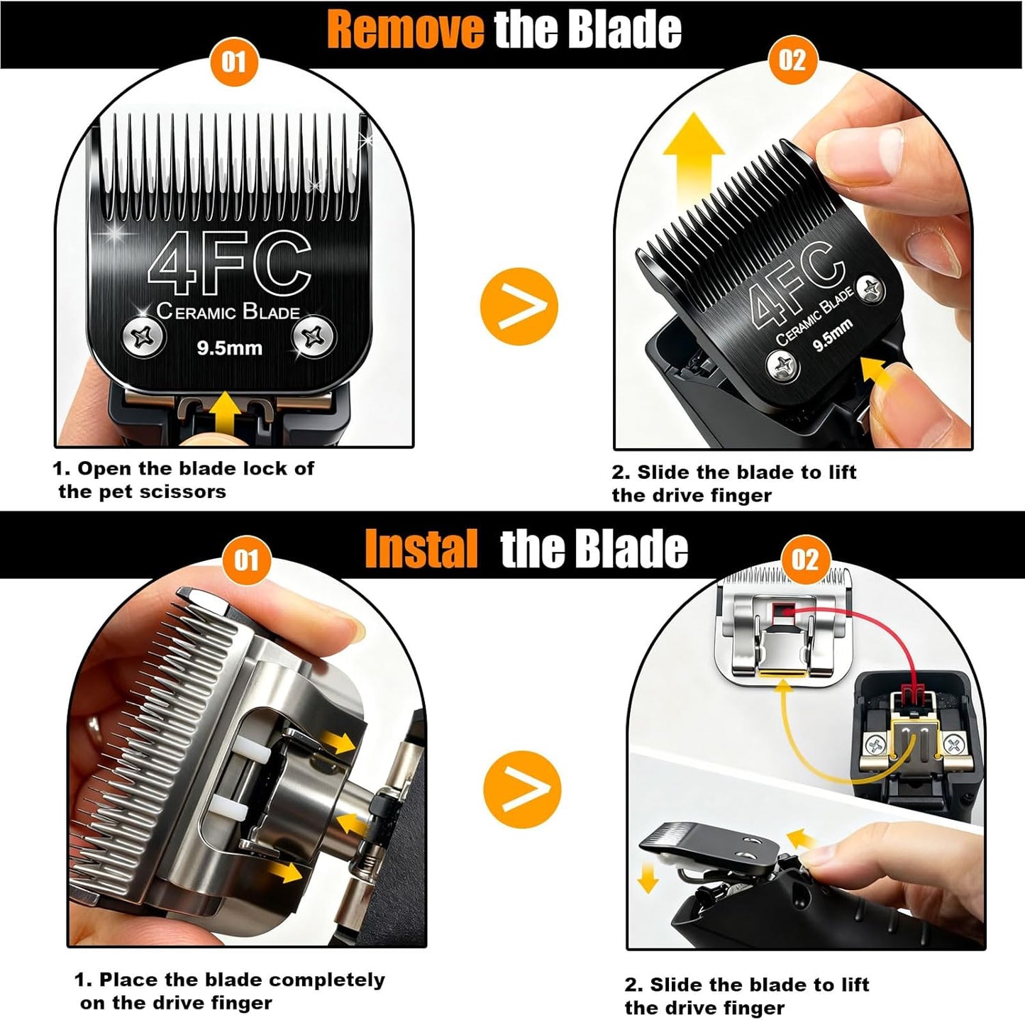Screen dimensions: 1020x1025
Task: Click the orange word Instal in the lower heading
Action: pyautogui.click(x=421, y=549)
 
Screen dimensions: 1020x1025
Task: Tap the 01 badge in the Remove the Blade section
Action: pyautogui.click(x=233, y=62)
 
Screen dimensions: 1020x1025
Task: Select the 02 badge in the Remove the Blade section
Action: pyautogui.click(x=792, y=60)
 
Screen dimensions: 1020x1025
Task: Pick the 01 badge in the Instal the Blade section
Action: pyautogui.click(x=246, y=560)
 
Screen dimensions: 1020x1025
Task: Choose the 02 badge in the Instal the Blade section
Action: pyautogui.click(x=804, y=560)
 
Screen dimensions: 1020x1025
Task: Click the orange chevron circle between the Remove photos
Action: pyautogui.click(x=519, y=306)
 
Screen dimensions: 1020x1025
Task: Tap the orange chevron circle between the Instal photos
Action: pyautogui.click(x=522, y=789)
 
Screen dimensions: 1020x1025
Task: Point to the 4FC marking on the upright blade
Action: pyautogui.click(x=230, y=262)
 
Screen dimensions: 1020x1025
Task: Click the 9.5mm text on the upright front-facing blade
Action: pyautogui.click(x=229, y=348)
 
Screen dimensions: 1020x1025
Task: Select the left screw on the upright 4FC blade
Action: pyautogui.click(x=144, y=336)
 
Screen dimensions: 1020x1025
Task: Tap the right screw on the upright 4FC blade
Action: pyautogui.click(x=314, y=336)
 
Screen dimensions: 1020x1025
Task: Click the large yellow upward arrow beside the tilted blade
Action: pyautogui.click(x=693, y=160)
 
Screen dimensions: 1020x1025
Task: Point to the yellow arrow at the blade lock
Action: pyautogui.click(x=226, y=412)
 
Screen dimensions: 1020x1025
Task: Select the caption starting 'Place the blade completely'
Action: pyautogui.click(x=230, y=991)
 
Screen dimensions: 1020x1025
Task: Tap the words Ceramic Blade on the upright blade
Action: pyautogui.click(x=228, y=311)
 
